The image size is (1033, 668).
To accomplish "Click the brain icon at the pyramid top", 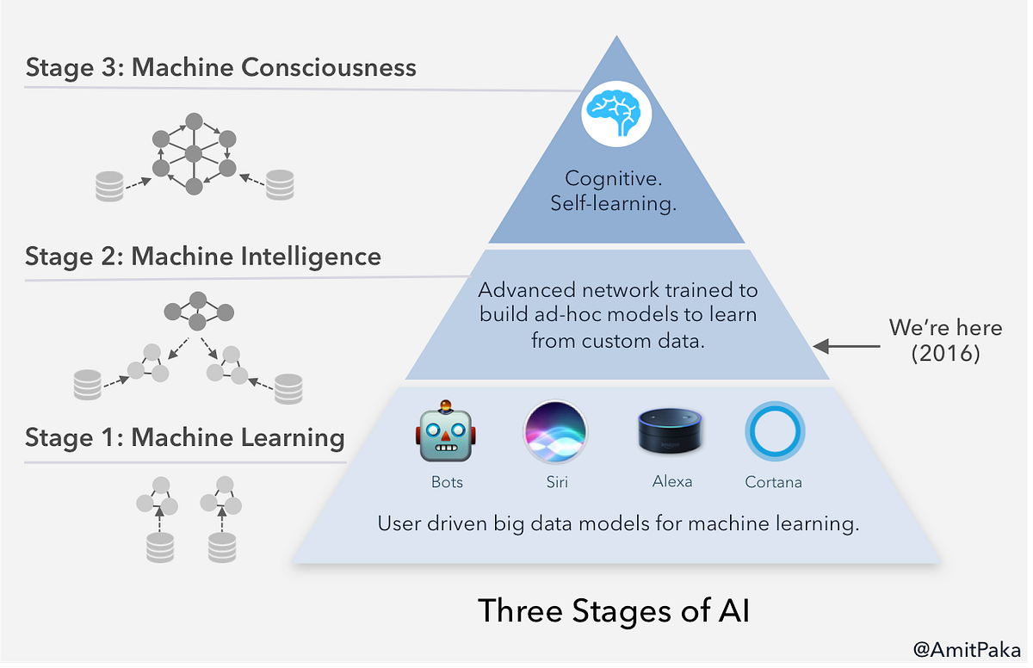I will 616,114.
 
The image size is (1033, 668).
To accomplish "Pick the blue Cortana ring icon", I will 774,431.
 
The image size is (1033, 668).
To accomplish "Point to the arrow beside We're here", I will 845,346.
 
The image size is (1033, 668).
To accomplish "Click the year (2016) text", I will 945,354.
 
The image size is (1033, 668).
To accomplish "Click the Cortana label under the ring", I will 773,482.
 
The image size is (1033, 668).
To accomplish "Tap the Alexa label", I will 671,481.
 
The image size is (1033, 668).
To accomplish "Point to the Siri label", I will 555,482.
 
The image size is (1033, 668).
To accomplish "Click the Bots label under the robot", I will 447,482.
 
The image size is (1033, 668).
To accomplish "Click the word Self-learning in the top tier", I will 616,205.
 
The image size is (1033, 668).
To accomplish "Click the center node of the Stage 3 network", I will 194,154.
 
